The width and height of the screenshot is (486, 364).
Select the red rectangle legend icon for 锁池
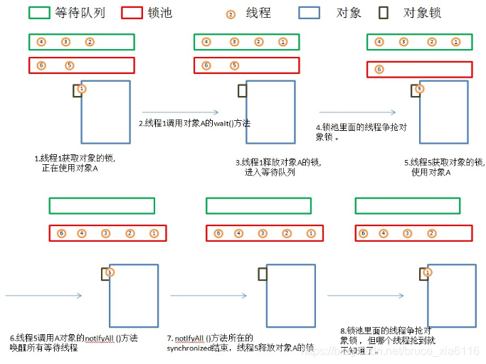pos(132,13)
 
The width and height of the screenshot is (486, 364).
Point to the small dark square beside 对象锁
pos(384,13)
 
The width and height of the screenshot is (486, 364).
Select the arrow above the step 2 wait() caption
pos(170,111)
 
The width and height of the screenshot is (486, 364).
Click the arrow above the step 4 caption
pos(357,112)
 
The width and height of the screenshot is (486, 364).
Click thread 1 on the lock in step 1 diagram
pos(82,89)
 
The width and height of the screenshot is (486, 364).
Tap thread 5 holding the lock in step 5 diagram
pos(419,89)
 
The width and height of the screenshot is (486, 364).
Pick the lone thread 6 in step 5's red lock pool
pos(379,69)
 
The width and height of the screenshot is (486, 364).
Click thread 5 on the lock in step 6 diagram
pos(109,272)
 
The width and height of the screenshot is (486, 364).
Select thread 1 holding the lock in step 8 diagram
pos(427,272)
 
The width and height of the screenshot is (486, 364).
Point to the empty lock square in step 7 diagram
pos(263,272)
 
